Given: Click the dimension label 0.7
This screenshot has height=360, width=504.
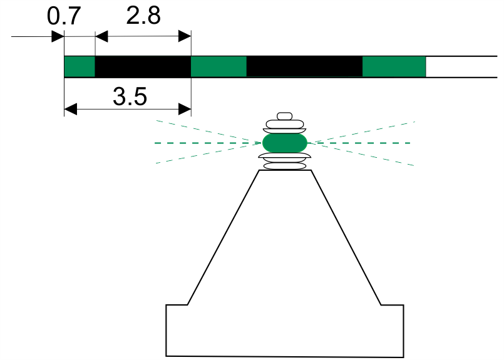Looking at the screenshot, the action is click(64, 16).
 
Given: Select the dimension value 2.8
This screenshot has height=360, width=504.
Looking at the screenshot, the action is click(143, 16).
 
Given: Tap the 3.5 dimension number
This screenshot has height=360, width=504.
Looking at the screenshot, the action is click(130, 96).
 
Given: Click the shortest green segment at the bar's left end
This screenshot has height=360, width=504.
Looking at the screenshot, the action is click(80, 66).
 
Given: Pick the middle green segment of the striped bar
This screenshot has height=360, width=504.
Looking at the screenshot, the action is click(219, 66).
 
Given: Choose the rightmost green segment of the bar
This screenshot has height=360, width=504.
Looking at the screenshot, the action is click(394, 66).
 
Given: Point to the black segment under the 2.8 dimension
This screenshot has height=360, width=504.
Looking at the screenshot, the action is click(143, 66).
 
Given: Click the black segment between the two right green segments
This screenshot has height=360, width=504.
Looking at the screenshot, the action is click(304, 66).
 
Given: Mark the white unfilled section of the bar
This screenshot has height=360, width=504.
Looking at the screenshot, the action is click(461, 66).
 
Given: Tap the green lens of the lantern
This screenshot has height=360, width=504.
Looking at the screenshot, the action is click(285, 143).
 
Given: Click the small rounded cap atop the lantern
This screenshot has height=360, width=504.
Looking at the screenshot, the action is click(284, 116).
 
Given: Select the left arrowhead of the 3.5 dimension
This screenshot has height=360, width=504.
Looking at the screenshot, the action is click(71, 110).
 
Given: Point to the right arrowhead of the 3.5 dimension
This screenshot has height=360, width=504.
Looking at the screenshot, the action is click(185, 110).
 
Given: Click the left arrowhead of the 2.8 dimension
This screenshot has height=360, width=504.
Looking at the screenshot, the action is click(101, 36).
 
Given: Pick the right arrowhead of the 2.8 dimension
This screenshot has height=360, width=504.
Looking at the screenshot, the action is click(185, 36).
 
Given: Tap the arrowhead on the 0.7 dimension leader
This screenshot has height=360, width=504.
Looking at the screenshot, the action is click(58, 36).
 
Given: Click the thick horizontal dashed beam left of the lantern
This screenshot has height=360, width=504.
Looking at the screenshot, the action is click(208, 143).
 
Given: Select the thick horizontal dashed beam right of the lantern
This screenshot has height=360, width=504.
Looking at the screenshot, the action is click(359, 143).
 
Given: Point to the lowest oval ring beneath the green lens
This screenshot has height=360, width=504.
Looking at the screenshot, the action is click(285, 166).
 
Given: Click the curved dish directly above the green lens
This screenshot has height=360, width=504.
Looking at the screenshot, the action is click(284, 131).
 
